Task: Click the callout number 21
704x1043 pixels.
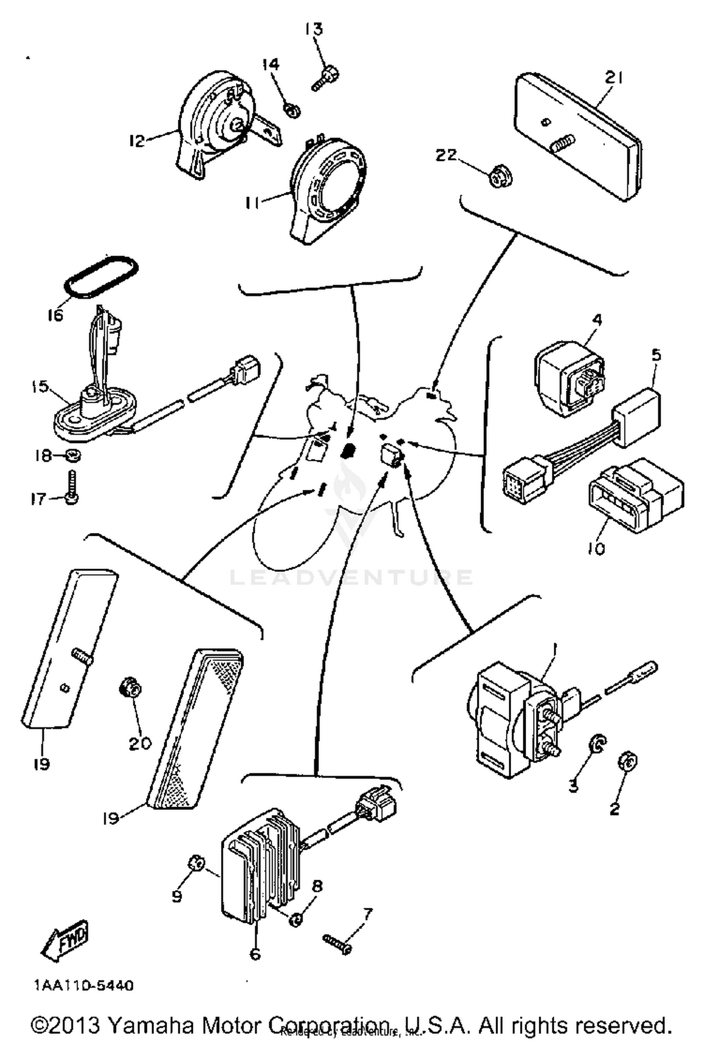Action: click(613, 78)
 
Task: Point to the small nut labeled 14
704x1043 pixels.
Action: click(293, 111)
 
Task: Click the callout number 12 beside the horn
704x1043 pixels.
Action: click(137, 140)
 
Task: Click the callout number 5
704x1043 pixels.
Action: click(656, 355)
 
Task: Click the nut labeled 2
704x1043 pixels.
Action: click(628, 761)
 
